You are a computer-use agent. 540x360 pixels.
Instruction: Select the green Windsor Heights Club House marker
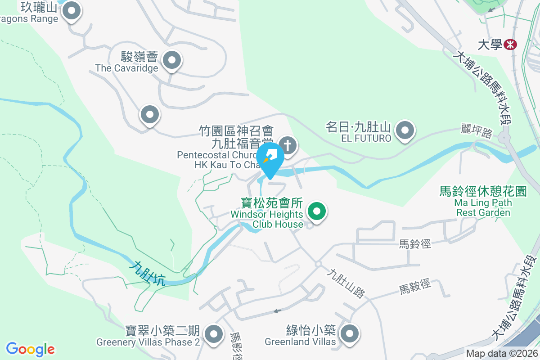(317, 211)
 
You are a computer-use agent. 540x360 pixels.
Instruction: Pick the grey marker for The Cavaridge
(171, 60)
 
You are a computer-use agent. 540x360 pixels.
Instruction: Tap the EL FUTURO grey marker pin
(405, 130)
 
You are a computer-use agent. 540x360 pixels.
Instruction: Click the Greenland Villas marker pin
(349, 334)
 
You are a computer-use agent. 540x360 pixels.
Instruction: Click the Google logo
(31, 349)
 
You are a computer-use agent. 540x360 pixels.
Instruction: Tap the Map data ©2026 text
(501, 354)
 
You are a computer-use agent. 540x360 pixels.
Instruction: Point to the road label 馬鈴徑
(415, 244)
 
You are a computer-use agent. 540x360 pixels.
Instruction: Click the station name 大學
(490, 45)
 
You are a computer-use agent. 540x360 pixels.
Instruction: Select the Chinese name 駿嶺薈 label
(139, 57)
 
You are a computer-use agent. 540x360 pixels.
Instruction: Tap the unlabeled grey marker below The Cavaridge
(150, 115)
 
